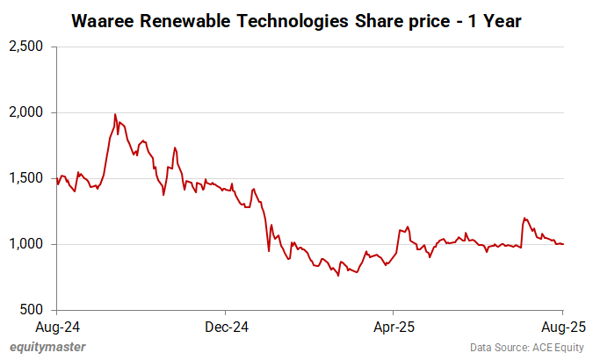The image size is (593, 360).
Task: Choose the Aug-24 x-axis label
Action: point(56,326)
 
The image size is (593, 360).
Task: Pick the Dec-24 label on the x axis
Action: point(225,326)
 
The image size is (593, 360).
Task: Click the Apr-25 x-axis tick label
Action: point(393,326)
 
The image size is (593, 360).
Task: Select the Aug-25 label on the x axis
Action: point(562,326)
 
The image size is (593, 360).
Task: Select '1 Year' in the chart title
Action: point(494,19)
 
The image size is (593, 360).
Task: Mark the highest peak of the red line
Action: point(115,114)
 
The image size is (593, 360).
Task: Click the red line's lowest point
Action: point(338,275)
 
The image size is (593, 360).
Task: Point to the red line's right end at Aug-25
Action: point(563,244)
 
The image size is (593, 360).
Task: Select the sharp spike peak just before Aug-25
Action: point(524,218)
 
